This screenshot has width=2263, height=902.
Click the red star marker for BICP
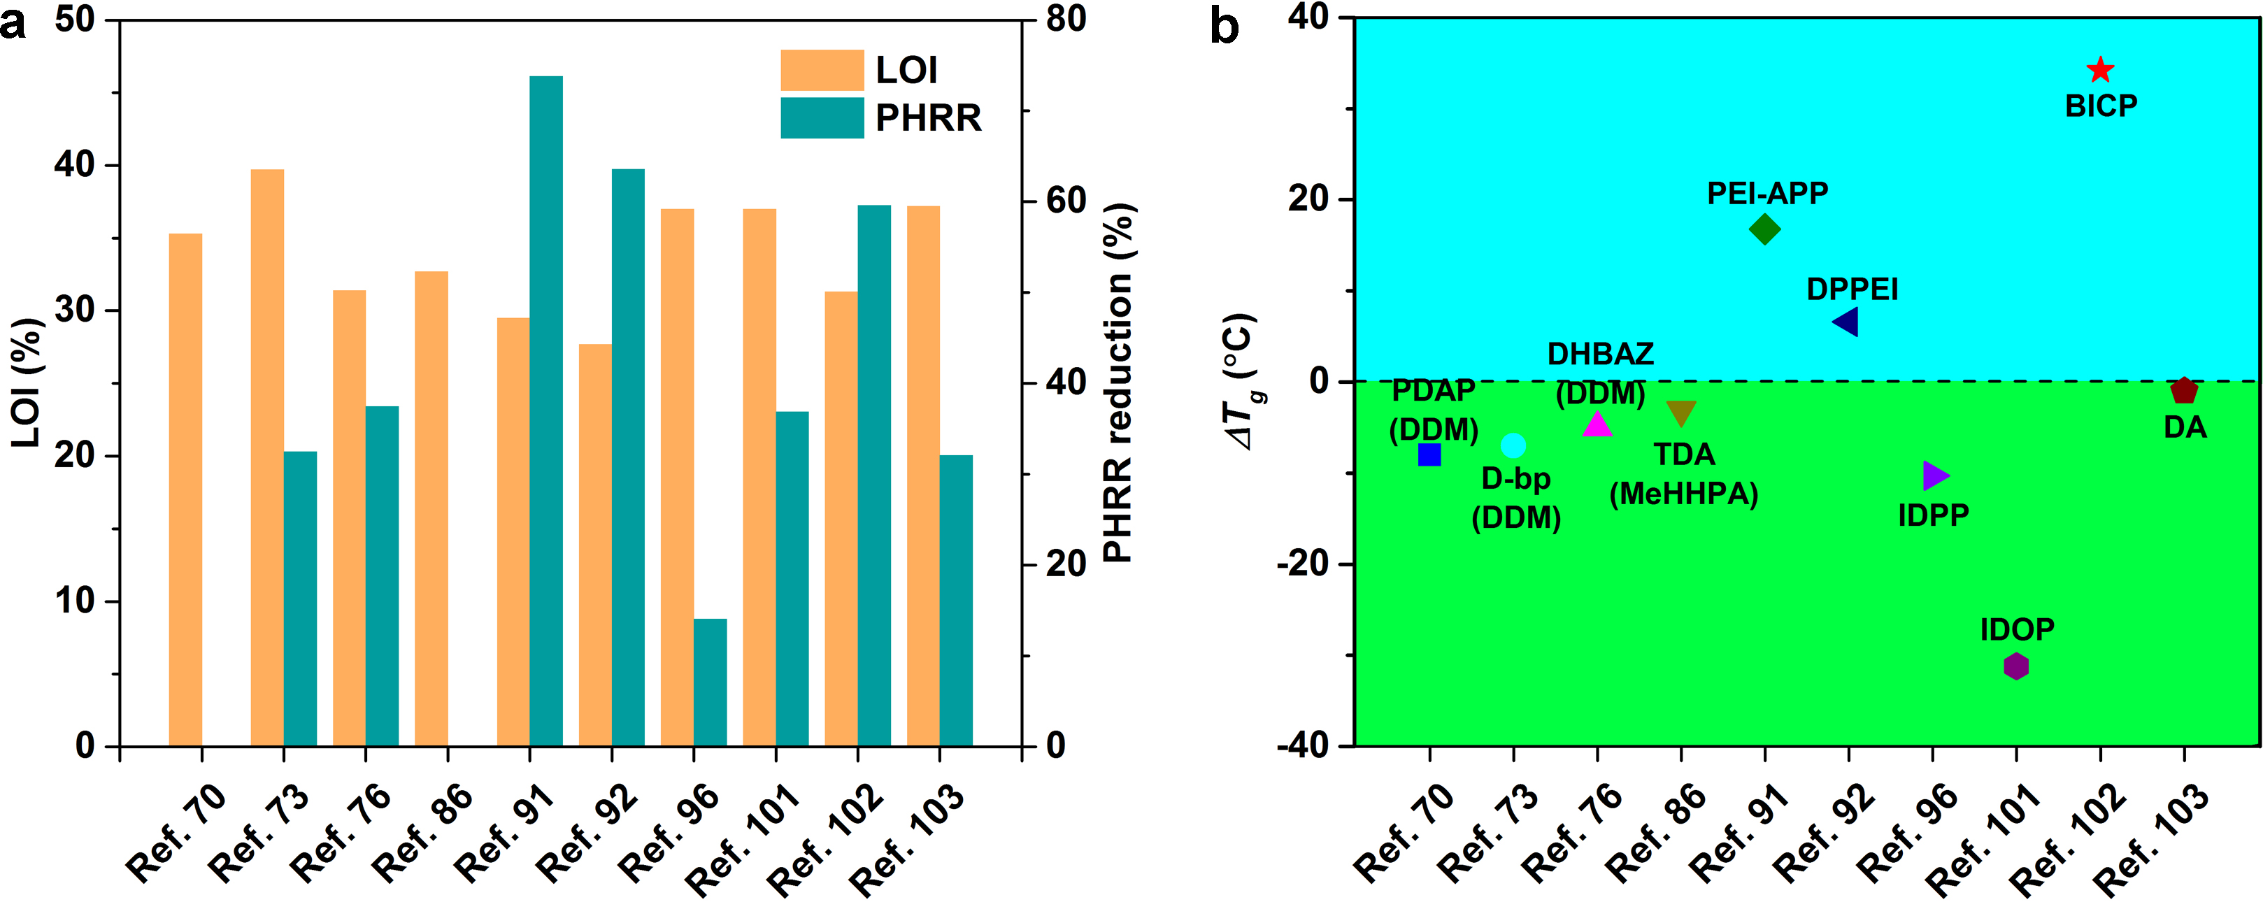coord(2099,69)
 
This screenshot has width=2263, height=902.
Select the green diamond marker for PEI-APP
coord(1764,230)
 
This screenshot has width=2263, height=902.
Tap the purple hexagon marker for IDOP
coord(2016,666)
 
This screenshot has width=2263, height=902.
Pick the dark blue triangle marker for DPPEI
coord(1846,322)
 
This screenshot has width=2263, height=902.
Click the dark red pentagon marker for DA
coord(2184,391)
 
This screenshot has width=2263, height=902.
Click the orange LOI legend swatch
coord(822,70)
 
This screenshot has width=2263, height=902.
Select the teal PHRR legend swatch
coord(822,117)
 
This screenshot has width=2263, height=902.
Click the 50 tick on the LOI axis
coord(75,20)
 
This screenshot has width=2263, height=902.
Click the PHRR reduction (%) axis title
coord(1119,382)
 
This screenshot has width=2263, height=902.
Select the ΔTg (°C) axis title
coord(1241,382)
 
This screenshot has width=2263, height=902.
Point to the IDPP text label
coord(1933,515)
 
